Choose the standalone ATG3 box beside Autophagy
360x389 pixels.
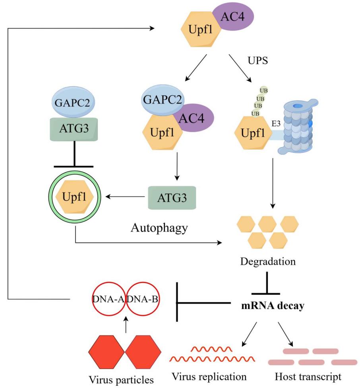coord(173,197)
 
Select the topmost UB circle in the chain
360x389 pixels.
coord(263,90)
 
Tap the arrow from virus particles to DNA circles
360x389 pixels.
coord(126,326)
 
